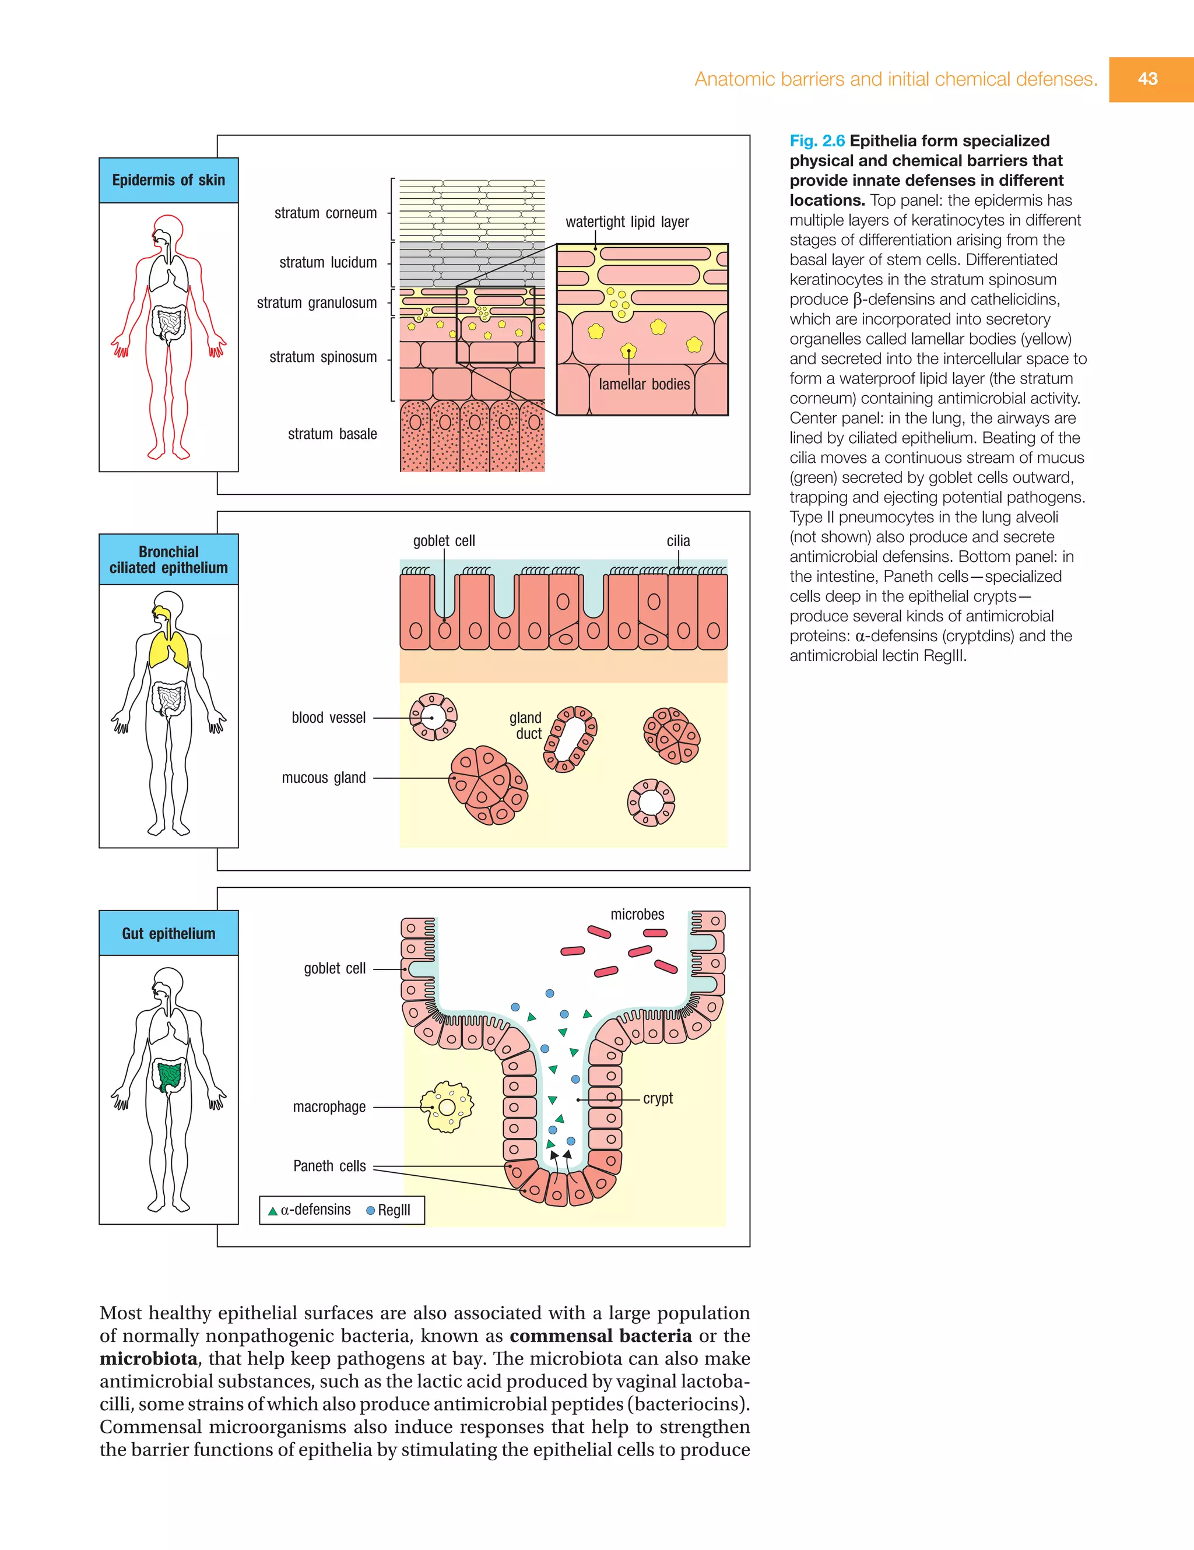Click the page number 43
1147,79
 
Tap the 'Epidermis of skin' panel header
168,180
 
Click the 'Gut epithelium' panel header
168,933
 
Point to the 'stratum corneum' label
325,213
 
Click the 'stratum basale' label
332,434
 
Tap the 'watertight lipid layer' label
627,222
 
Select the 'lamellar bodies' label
644,384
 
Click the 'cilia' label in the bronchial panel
678,541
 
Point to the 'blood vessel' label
329,718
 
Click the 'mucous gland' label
324,778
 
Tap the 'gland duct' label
526,725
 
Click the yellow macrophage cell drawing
447,1106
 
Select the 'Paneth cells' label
329,1166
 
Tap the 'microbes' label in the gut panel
637,914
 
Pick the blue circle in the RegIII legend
370,1211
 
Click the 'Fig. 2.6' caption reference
816,140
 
